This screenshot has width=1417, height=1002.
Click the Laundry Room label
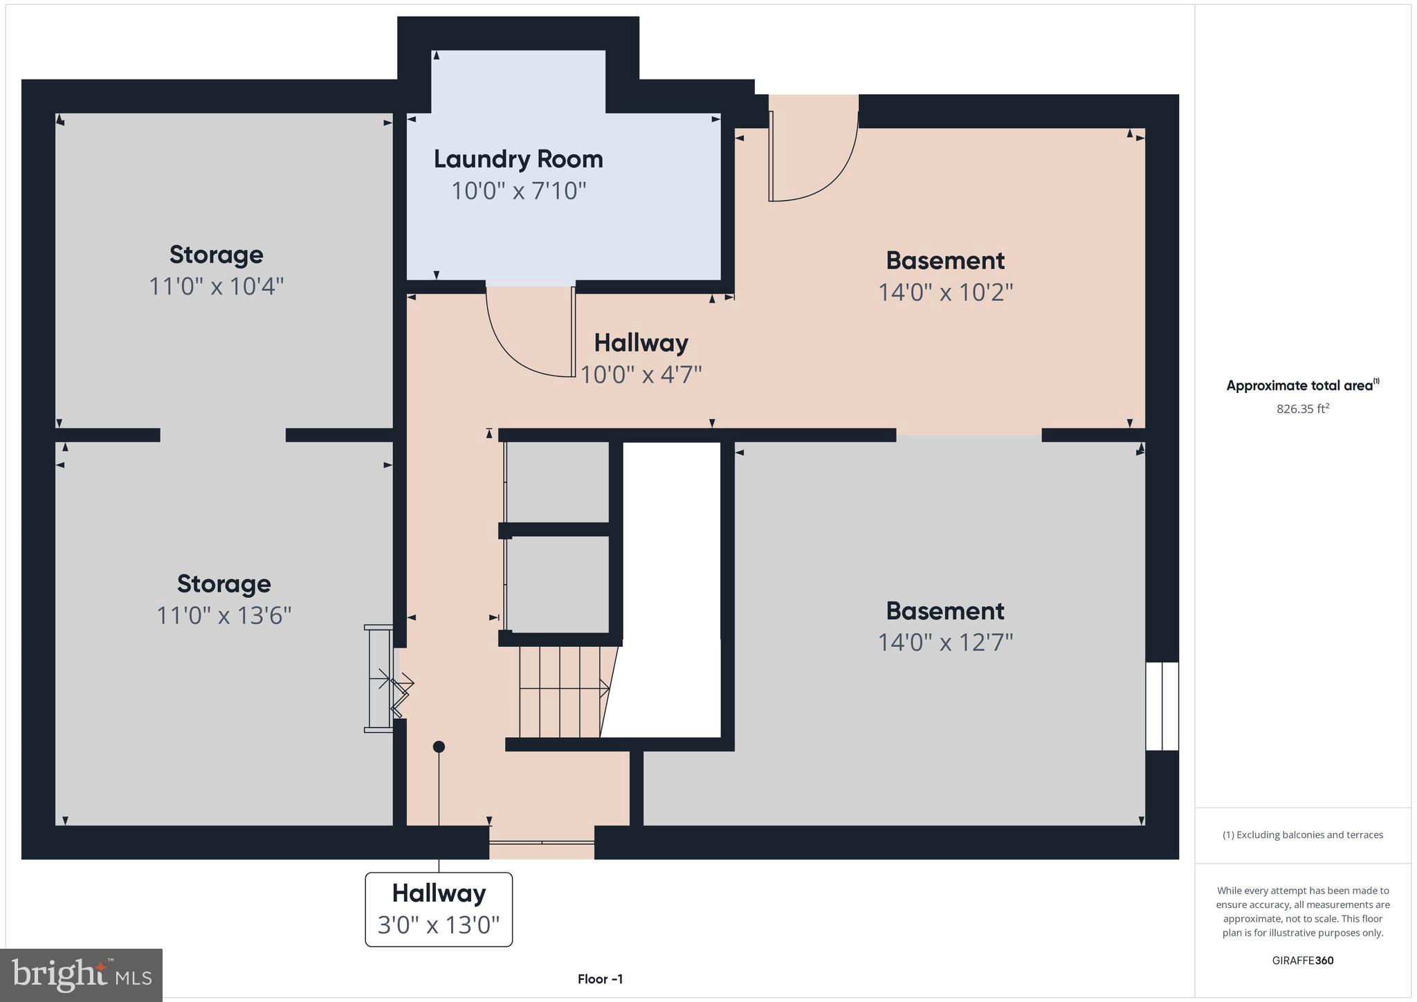coord(518,159)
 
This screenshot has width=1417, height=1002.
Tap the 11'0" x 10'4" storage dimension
coord(217,286)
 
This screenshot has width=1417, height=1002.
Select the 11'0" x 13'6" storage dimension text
coord(223,614)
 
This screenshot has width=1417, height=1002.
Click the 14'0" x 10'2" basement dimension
coord(945,292)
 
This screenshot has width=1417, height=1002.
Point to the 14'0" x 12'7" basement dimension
coord(945,642)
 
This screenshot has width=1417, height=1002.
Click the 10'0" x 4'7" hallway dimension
coord(641,374)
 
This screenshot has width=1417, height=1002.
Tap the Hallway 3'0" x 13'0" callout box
coord(439,909)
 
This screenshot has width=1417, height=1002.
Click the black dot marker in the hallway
coord(439,747)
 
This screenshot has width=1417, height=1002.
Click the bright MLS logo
coord(82,975)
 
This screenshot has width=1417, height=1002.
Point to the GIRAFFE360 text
coord(1303,960)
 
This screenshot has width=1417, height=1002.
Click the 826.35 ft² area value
coord(1303,409)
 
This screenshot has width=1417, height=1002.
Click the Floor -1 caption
coord(600,979)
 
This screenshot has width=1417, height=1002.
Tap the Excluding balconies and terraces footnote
coord(1303,835)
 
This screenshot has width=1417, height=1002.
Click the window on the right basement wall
coord(1162,706)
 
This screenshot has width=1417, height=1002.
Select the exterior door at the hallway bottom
coord(542,842)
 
